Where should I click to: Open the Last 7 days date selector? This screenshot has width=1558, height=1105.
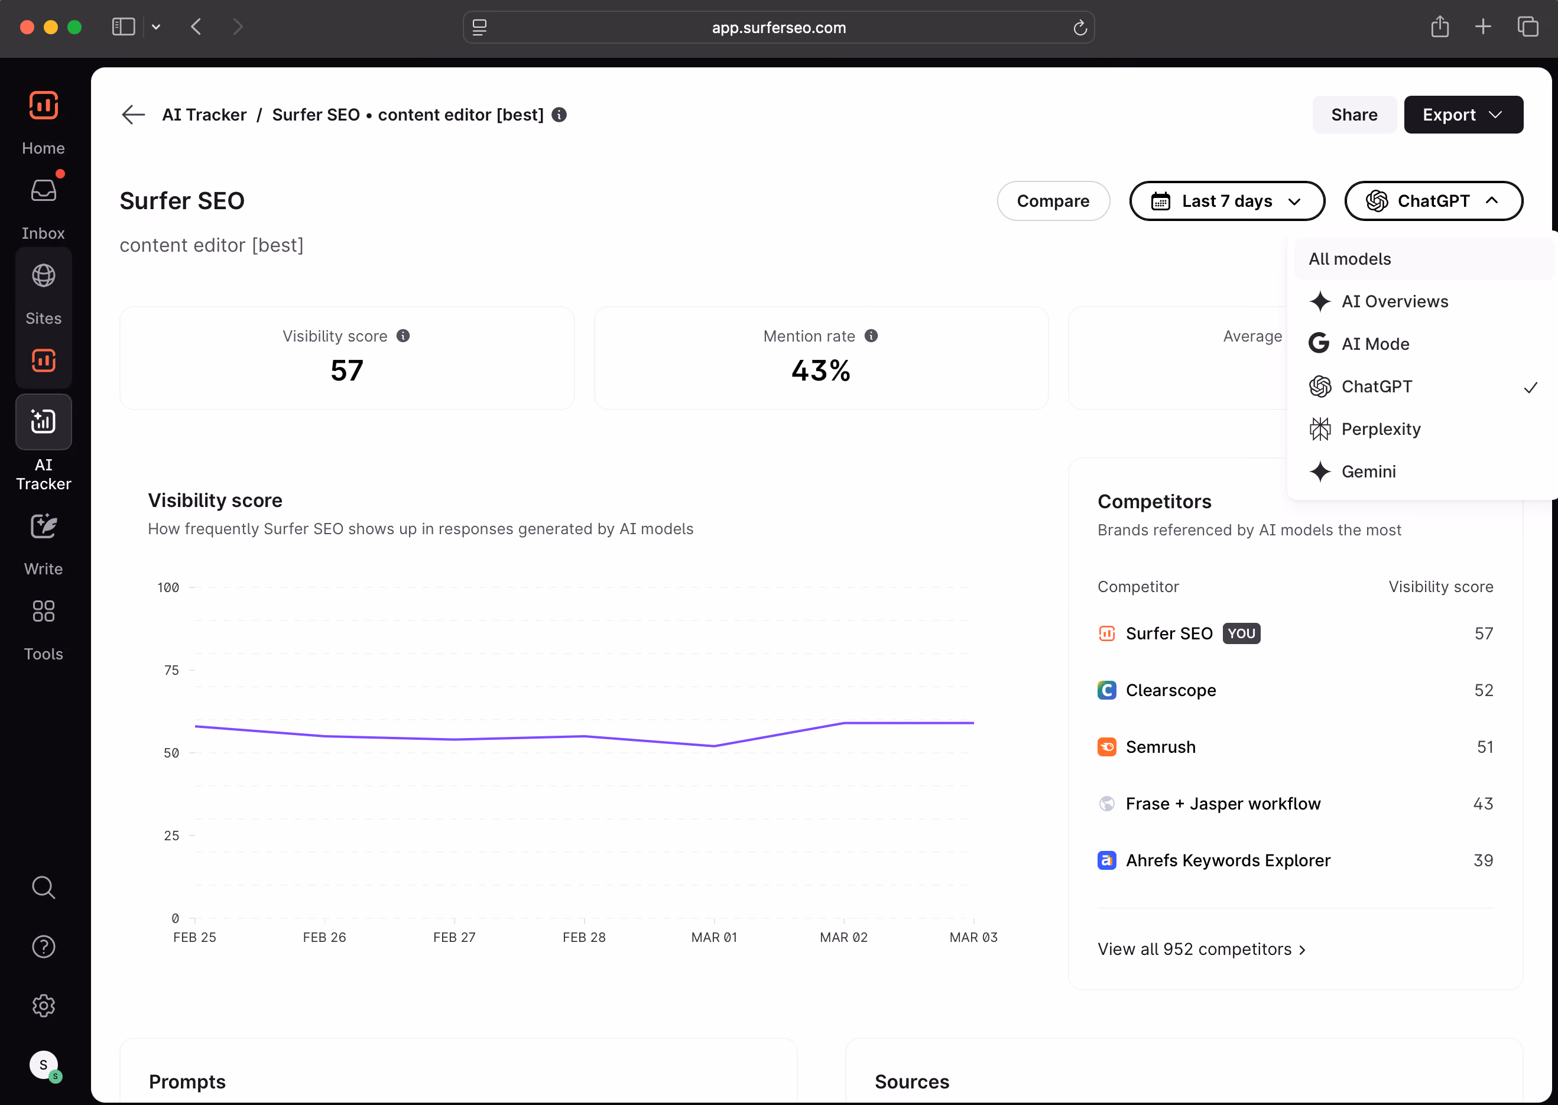coord(1226,201)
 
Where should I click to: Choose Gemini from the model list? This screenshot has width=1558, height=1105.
coord(1368,472)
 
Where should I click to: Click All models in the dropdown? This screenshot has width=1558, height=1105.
coord(1350,259)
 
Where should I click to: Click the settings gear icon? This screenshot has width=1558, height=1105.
coord(44,1006)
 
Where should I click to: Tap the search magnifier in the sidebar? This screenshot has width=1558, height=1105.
coord(44,888)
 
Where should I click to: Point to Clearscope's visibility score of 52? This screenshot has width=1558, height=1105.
coord(1484,690)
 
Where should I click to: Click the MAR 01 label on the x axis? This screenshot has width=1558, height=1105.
coord(714,937)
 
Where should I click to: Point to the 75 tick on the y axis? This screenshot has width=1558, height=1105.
coord(171,669)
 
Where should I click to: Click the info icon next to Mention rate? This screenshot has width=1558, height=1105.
coord(871,336)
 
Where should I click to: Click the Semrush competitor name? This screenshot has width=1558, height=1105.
coord(1160,747)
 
